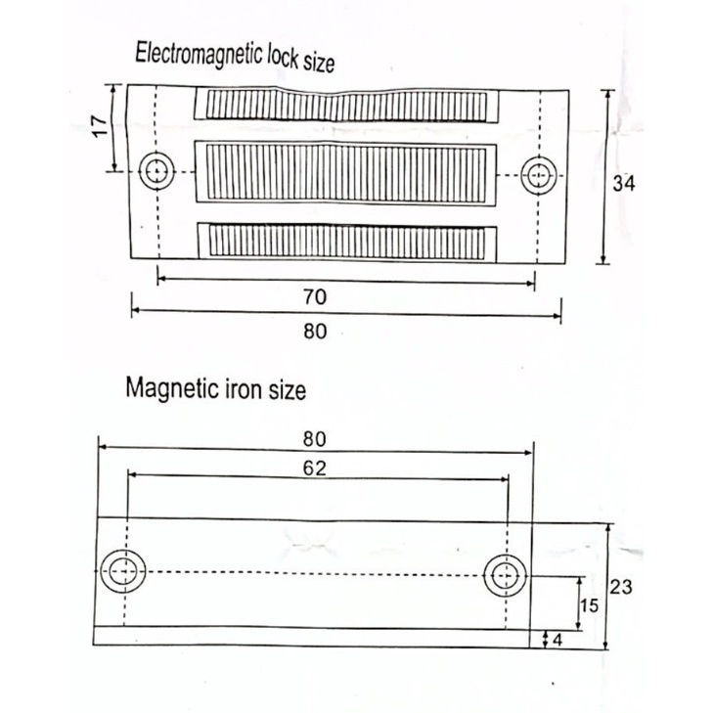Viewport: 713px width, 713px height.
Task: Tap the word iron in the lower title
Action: (244, 389)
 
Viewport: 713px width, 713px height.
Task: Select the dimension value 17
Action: (100, 126)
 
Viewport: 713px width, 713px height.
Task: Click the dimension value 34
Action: (623, 183)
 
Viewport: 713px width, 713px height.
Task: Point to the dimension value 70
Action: (315, 297)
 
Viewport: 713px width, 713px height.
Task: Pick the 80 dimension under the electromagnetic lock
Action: (315, 331)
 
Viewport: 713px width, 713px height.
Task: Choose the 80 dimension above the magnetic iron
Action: (315, 439)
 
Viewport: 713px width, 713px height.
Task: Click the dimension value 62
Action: (315, 468)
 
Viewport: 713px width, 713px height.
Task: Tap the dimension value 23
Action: (621, 587)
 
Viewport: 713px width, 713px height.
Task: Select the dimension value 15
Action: (589, 605)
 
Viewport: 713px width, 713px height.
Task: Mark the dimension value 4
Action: (557, 640)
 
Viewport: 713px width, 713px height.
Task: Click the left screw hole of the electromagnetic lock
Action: (156, 171)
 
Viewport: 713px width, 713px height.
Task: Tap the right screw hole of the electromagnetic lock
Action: (539, 175)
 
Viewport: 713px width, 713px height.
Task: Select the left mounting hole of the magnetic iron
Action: (123, 571)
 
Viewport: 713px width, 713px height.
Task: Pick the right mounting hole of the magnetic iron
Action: (506, 576)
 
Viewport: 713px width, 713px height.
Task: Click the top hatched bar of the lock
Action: (346, 106)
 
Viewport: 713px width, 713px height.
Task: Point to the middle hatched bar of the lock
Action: (345, 173)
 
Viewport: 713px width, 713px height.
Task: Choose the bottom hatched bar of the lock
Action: (347, 243)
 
